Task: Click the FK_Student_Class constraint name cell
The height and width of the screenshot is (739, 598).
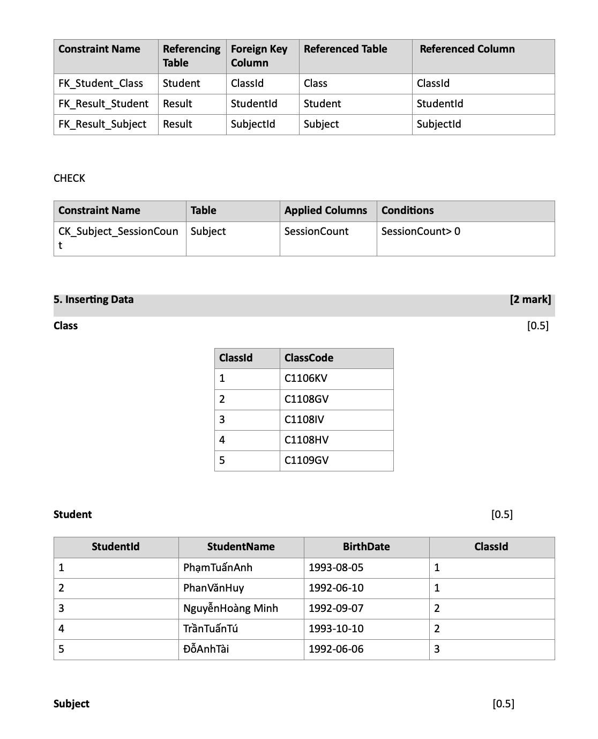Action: [101, 84]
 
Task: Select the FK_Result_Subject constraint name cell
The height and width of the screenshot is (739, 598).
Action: [102, 124]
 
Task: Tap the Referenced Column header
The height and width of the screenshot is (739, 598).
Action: [467, 49]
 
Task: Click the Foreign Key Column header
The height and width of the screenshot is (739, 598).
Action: [259, 56]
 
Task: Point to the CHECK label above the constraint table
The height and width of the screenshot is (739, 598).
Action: [69, 179]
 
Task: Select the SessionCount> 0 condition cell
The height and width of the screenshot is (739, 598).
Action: [421, 232]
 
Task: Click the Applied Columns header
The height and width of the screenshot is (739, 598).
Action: [326, 211]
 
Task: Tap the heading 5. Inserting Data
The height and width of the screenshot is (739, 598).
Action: [94, 300]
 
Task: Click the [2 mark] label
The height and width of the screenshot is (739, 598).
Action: [530, 300]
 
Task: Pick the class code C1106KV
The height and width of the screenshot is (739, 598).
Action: [306, 379]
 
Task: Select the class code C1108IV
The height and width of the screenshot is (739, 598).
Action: [304, 419]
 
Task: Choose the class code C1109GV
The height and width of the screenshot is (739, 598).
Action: [307, 460]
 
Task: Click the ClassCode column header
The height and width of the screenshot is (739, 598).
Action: [309, 358]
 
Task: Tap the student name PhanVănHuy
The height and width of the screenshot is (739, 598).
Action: [213, 588]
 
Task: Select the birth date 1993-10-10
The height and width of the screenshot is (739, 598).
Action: [336, 629]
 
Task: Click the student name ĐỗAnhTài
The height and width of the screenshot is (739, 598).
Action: [206, 649]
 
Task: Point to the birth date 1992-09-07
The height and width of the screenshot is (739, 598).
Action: [336, 608]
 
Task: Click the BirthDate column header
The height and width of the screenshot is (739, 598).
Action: [367, 547]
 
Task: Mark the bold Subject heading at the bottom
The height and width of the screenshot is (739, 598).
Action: [71, 704]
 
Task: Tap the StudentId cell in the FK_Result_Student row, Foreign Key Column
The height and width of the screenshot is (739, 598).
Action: [254, 104]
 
